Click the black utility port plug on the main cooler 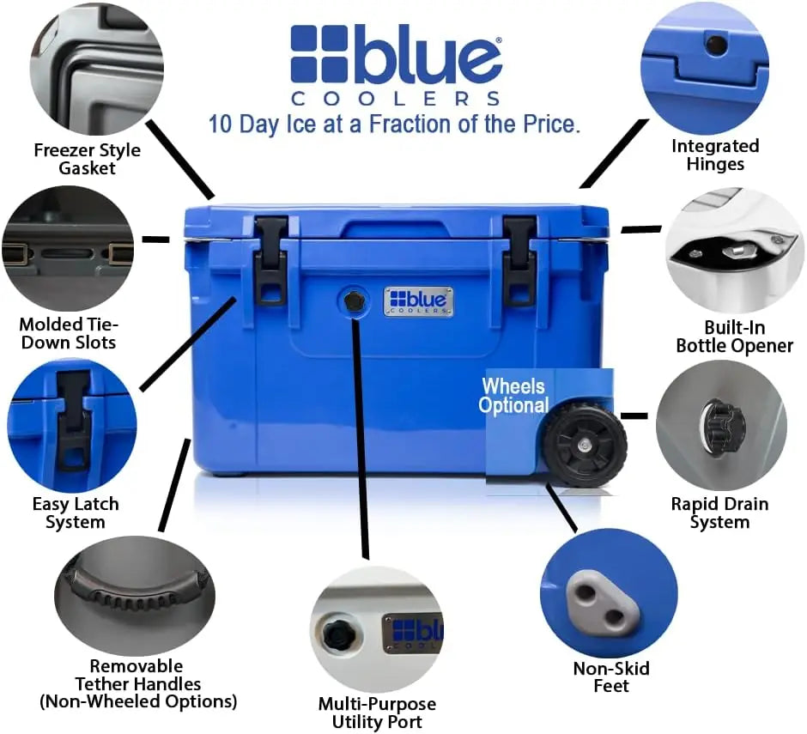point(353,301)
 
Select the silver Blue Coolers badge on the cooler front point(418,301)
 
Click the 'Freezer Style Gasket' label point(87,159)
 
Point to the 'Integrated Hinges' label point(715,155)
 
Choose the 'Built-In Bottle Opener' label point(734,337)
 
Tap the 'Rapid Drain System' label point(719,513)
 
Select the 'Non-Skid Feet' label point(611,676)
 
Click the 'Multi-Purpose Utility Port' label point(377,713)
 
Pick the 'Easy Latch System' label point(76,513)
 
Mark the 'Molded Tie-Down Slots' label point(69,333)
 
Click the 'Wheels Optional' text point(513,395)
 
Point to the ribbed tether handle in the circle point(136,587)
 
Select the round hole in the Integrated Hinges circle point(716,45)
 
